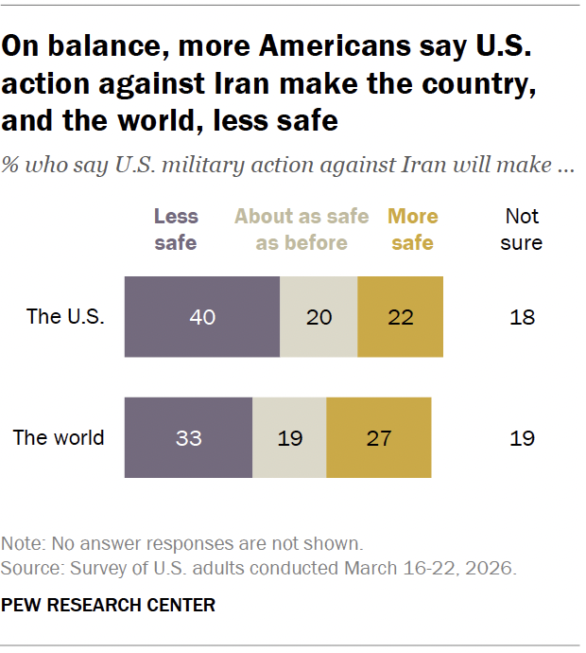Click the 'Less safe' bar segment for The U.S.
coord(202,317)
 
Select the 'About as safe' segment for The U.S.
coord(319,317)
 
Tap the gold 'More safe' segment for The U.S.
coord(400,317)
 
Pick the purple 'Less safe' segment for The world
coord(188,438)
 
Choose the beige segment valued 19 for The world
coord(289,438)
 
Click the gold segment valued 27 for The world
coord(378,438)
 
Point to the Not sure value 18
coord(522,317)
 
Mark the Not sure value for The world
coord(522,438)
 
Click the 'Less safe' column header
coord(176,229)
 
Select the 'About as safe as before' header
coord(302,229)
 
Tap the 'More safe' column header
coord(413,229)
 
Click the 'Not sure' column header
coord(522,229)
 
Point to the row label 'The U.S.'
coord(65,317)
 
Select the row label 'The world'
coord(59,438)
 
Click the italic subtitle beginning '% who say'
coord(288,164)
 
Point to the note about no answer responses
coord(182,544)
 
